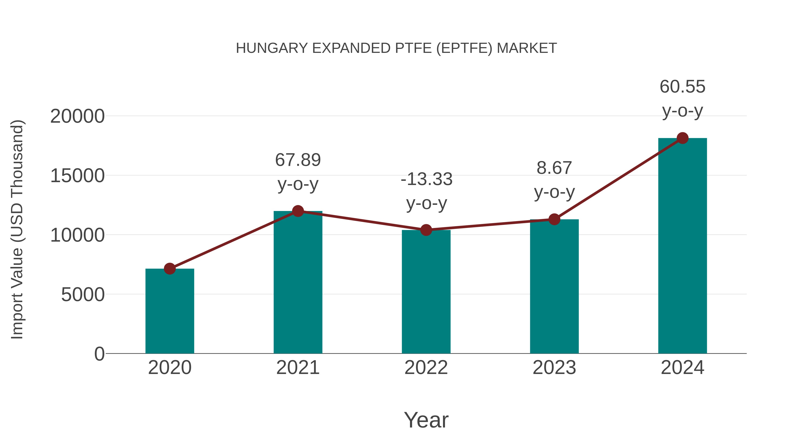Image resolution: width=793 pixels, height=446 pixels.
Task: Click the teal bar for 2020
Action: point(170,311)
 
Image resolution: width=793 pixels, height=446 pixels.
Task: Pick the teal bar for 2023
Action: point(554,286)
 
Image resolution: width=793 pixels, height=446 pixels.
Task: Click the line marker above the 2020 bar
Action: point(170,269)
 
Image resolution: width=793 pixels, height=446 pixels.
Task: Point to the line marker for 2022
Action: point(426,230)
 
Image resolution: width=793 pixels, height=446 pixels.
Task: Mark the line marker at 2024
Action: point(682,138)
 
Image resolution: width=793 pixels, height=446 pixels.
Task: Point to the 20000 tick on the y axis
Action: point(77,117)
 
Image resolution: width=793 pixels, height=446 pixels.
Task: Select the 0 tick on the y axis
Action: point(99,354)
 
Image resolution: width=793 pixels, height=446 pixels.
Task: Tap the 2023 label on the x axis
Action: point(554,368)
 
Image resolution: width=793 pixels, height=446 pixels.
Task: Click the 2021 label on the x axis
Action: point(298,368)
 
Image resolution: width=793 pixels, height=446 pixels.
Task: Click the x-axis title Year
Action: point(426,420)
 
